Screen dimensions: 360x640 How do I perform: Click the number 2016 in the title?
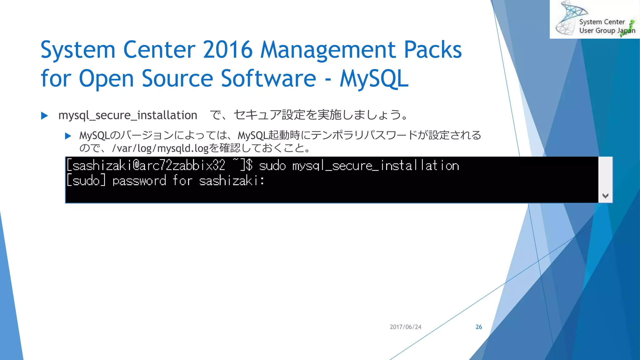pos(227,50)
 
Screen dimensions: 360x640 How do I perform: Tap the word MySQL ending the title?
pos(374,78)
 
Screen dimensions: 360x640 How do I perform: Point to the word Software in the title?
pos(269,78)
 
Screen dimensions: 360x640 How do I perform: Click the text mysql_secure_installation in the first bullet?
pos(127,115)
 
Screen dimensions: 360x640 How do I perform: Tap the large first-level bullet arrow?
pos(44,116)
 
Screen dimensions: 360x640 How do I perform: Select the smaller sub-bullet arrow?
pos(68,136)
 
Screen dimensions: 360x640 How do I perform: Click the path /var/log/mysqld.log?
pos(160,148)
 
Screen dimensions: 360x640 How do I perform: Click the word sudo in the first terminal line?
pos(272,166)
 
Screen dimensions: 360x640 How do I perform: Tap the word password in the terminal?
pos(139,181)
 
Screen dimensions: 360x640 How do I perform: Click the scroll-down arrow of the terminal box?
pos(605,196)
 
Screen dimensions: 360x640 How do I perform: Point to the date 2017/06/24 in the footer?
pos(405,327)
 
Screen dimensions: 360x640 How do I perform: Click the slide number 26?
pos(479,327)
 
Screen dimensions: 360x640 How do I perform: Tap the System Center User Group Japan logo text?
pos(602,26)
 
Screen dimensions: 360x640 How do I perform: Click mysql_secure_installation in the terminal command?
pos(376,166)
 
